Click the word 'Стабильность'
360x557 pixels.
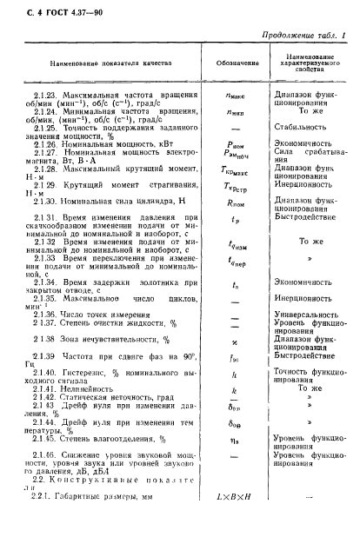pos(298,126)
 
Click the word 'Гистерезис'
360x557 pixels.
pos(85,375)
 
